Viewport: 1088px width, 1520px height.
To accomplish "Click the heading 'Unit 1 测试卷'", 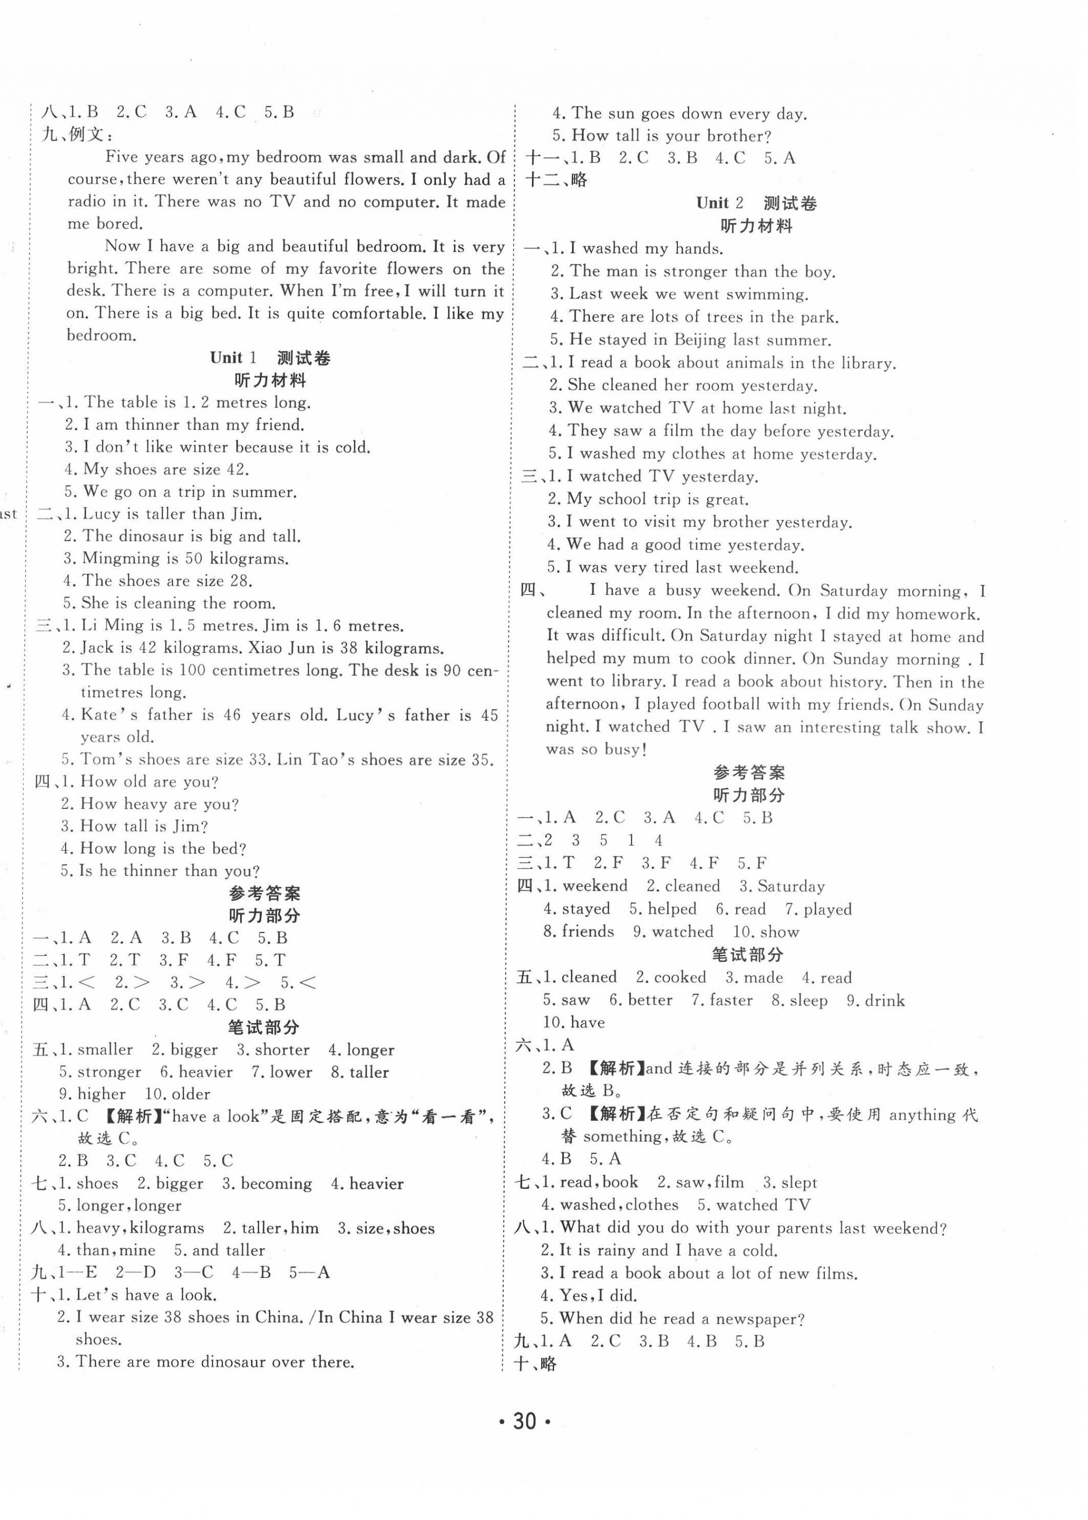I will (270, 358).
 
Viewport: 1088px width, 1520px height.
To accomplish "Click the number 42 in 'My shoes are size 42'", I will (237, 470).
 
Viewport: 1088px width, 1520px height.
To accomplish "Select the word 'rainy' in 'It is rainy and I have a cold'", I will (614, 1250).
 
